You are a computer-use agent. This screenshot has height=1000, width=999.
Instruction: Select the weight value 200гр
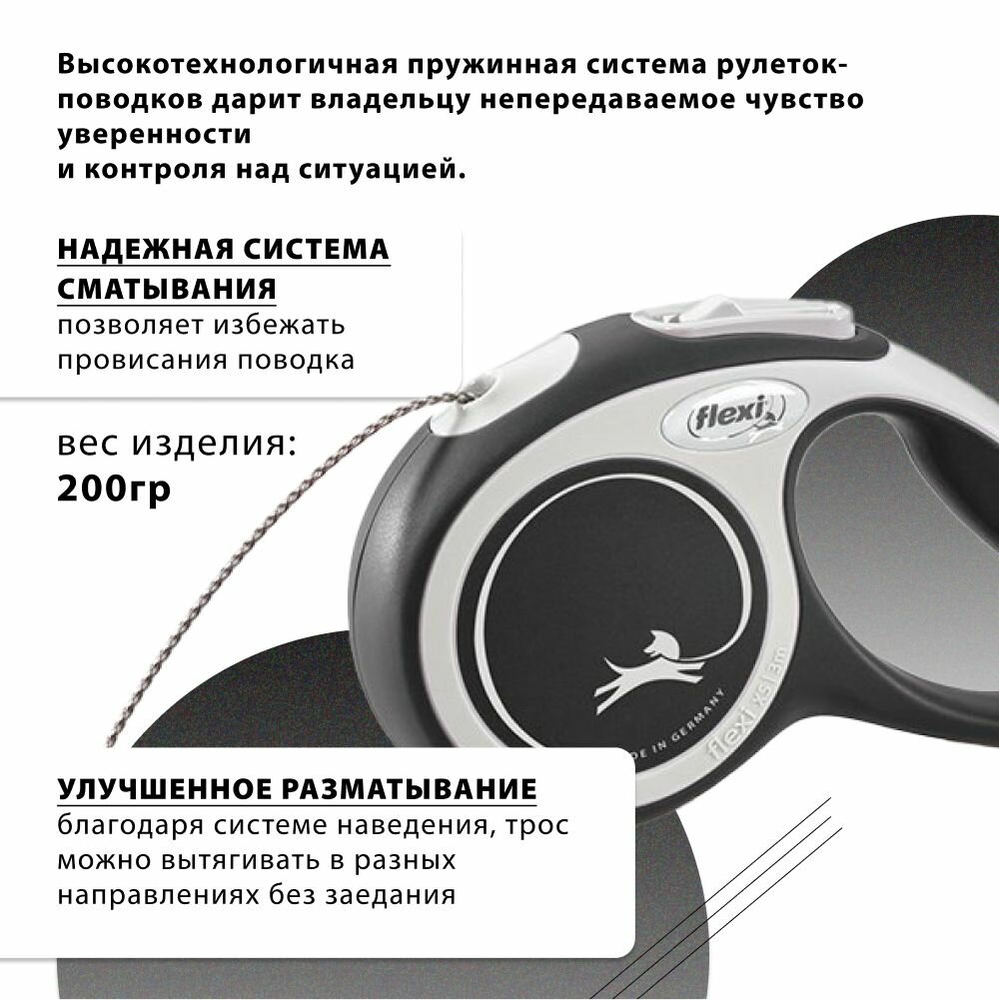pyautogui.click(x=114, y=490)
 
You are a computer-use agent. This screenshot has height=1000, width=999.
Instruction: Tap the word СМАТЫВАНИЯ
pyautogui.click(x=167, y=289)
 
